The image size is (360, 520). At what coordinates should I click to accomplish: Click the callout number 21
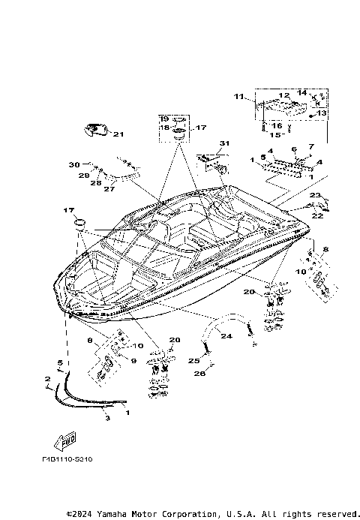point(118,135)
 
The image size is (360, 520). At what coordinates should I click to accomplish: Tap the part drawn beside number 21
point(94,131)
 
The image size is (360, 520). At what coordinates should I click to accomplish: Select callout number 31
point(223,143)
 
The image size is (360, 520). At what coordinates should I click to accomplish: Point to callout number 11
point(238,97)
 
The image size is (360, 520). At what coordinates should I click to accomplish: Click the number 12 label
point(284,96)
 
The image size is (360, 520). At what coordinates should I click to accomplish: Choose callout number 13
point(322,113)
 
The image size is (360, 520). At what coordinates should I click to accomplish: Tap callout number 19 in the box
point(163,119)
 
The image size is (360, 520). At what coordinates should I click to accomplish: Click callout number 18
point(163,128)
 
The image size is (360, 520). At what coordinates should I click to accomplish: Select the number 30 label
point(73,164)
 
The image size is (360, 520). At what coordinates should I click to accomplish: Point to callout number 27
point(109,190)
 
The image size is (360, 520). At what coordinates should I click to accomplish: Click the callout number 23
point(315,196)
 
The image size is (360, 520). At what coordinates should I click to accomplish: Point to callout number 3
point(106,417)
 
